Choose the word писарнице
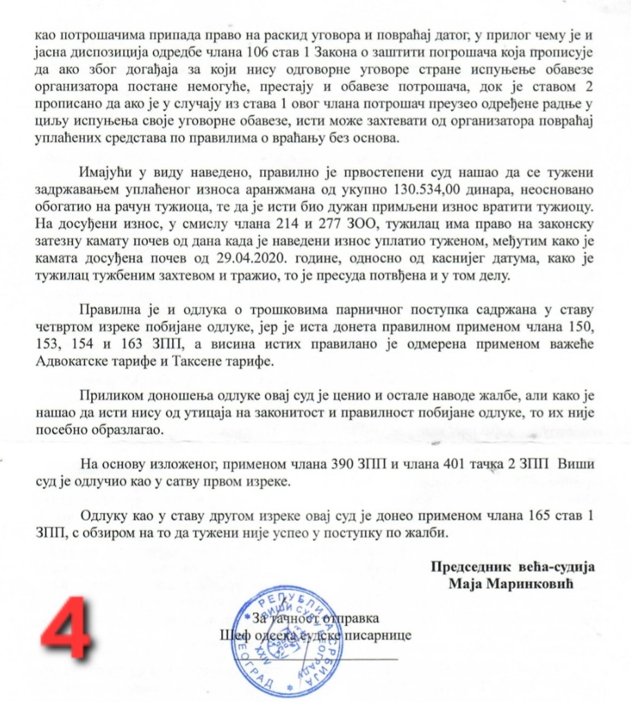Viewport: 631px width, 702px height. point(382,634)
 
